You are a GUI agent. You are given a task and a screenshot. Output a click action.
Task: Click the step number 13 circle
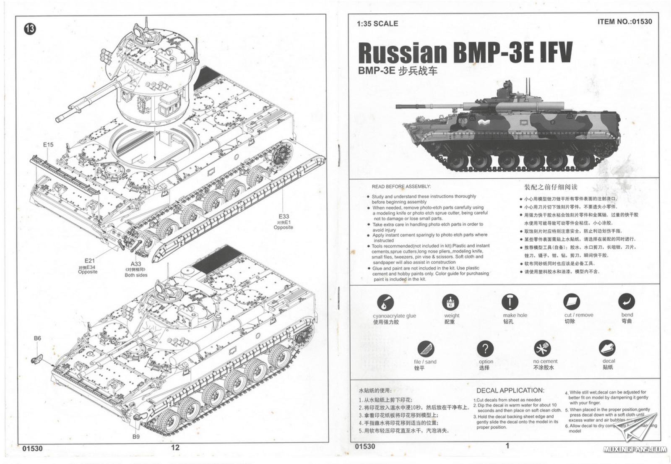[x=30, y=29]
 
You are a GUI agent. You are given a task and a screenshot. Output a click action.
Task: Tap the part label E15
[x=48, y=145]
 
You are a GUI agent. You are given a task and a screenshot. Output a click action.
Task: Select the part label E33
[x=283, y=216]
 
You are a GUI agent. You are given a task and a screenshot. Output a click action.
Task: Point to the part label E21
[x=89, y=261]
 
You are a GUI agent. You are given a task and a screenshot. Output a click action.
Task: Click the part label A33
[x=136, y=264]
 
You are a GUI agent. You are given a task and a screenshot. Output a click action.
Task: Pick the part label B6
[x=37, y=338]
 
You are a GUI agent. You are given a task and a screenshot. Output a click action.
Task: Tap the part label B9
[x=136, y=436]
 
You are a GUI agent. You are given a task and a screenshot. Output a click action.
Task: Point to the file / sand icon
[x=426, y=349]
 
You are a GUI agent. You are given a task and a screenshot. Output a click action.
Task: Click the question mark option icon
[x=485, y=349]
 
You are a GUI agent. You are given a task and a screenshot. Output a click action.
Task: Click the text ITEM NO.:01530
[x=625, y=21]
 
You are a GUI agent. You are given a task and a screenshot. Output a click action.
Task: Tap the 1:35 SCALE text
[x=377, y=23]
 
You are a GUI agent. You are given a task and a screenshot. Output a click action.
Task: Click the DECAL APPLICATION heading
[x=510, y=391]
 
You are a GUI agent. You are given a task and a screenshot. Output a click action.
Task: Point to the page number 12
[x=175, y=447]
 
